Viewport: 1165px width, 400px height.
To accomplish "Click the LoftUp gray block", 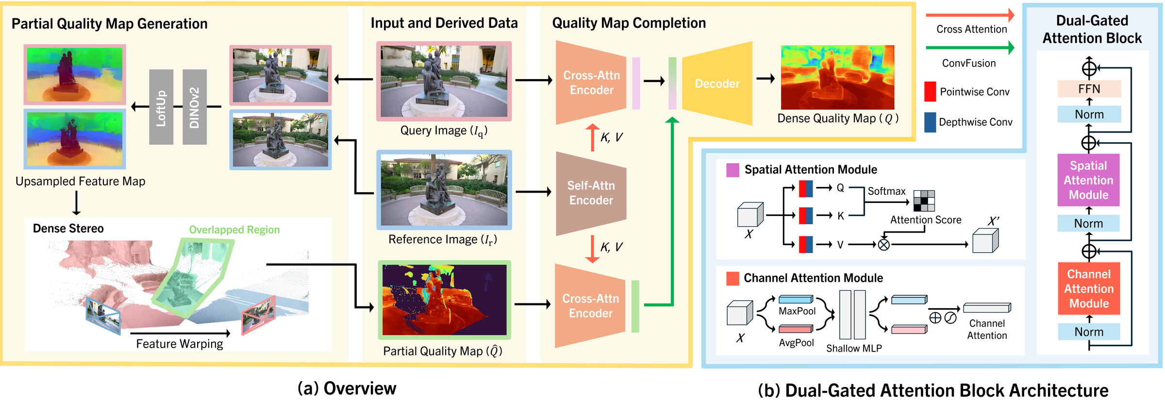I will click(x=161, y=107).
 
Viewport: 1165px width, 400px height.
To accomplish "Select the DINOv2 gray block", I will click(x=195, y=107).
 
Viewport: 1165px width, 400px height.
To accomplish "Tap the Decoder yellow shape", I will click(x=717, y=83).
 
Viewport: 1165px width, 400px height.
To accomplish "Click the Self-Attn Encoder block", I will click(x=591, y=193).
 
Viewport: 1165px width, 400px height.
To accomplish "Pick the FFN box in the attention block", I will click(x=1089, y=89).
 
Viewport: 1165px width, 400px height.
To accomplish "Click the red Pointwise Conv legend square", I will click(x=930, y=91).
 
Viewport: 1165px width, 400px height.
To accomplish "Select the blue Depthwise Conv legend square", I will click(x=930, y=122).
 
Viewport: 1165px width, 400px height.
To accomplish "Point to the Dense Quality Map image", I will click(x=837, y=77).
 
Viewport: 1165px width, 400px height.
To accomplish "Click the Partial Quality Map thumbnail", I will click(x=444, y=300).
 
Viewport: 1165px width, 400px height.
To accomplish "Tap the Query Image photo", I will click(x=444, y=81).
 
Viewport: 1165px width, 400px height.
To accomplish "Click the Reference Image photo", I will click(x=444, y=190).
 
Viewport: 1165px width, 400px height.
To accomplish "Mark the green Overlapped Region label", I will click(x=234, y=230).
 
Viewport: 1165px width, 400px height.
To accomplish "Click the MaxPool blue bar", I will click(x=796, y=299).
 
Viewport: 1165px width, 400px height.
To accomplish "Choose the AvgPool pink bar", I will click(x=796, y=329).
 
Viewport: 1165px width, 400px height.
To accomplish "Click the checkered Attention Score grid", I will click(x=924, y=200).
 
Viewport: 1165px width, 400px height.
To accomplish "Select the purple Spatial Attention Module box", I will click(x=1088, y=180).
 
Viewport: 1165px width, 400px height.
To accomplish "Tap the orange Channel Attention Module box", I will click(x=1089, y=288).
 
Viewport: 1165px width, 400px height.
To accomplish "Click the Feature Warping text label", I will click(x=179, y=344).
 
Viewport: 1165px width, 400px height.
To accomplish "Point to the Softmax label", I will click(x=886, y=191).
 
